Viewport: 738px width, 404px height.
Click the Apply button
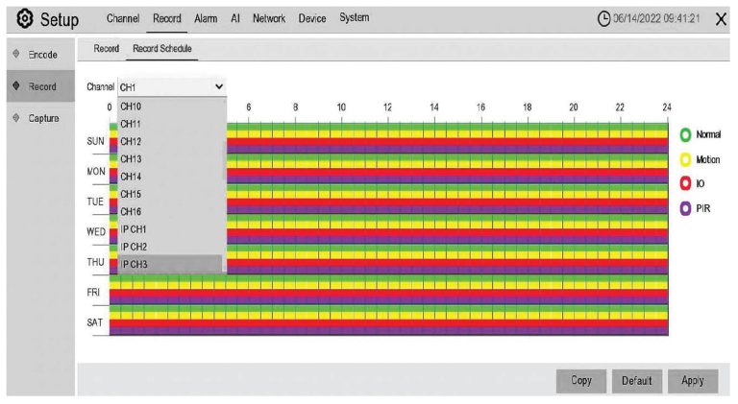pyautogui.click(x=693, y=381)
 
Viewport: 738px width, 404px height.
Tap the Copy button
pyautogui.click(x=581, y=381)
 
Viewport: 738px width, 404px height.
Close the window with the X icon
pyautogui.click(x=721, y=19)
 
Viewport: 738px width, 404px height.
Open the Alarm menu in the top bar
pyautogui.click(x=206, y=18)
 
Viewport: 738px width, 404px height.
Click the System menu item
pyautogui.click(x=355, y=18)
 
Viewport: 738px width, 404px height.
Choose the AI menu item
pyautogui.click(x=234, y=18)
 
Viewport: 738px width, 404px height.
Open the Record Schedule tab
pyautogui.click(x=162, y=48)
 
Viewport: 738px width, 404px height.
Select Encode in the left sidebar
pyautogui.click(x=43, y=54)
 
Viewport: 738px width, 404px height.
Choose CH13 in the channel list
pyautogui.click(x=131, y=158)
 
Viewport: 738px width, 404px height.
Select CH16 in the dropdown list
pyautogui.click(x=131, y=211)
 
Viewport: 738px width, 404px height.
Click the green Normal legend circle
pyautogui.click(x=687, y=134)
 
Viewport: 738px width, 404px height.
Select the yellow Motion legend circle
pyautogui.click(x=687, y=159)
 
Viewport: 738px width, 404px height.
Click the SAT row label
pyautogui.click(x=94, y=322)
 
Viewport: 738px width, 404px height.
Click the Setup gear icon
pyautogui.click(x=19, y=19)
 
